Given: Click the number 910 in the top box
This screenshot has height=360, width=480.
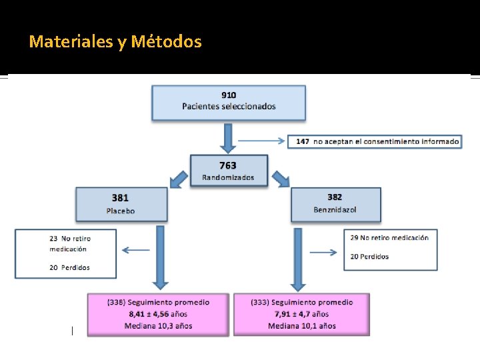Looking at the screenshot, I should (x=229, y=95).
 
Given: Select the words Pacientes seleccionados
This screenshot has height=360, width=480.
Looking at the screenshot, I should (x=229, y=106).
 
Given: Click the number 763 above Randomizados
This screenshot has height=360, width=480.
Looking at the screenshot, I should (x=228, y=166).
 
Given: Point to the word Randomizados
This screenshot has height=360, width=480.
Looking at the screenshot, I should (x=228, y=177).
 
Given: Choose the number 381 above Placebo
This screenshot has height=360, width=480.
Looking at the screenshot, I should (x=120, y=198).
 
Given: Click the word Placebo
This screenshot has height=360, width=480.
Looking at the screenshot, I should (x=120, y=211).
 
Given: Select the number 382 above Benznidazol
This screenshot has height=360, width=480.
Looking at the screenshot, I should (x=335, y=197).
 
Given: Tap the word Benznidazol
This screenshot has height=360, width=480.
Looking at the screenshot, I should (x=335, y=209).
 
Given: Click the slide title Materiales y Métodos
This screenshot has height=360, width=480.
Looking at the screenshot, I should (x=115, y=42).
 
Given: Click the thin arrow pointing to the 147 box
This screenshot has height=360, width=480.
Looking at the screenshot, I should (x=261, y=141).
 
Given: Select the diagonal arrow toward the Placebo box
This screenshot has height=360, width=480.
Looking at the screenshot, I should (x=178, y=179).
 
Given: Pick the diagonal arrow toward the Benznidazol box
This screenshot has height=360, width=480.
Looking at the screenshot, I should (x=280, y=178).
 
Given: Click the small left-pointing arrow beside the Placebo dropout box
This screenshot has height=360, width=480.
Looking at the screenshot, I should (x=135, y=251).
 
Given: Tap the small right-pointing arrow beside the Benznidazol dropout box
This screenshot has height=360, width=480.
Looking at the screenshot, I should (x=323, y=252).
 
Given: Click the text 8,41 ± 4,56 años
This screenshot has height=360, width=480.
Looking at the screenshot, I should (x=158, y=314).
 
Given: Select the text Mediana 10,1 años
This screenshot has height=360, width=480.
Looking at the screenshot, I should (x=302, y=326).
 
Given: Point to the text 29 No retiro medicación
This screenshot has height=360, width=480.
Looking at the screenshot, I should (x=389, y=237).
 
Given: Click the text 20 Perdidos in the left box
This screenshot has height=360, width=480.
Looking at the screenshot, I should (x=70, y=267).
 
